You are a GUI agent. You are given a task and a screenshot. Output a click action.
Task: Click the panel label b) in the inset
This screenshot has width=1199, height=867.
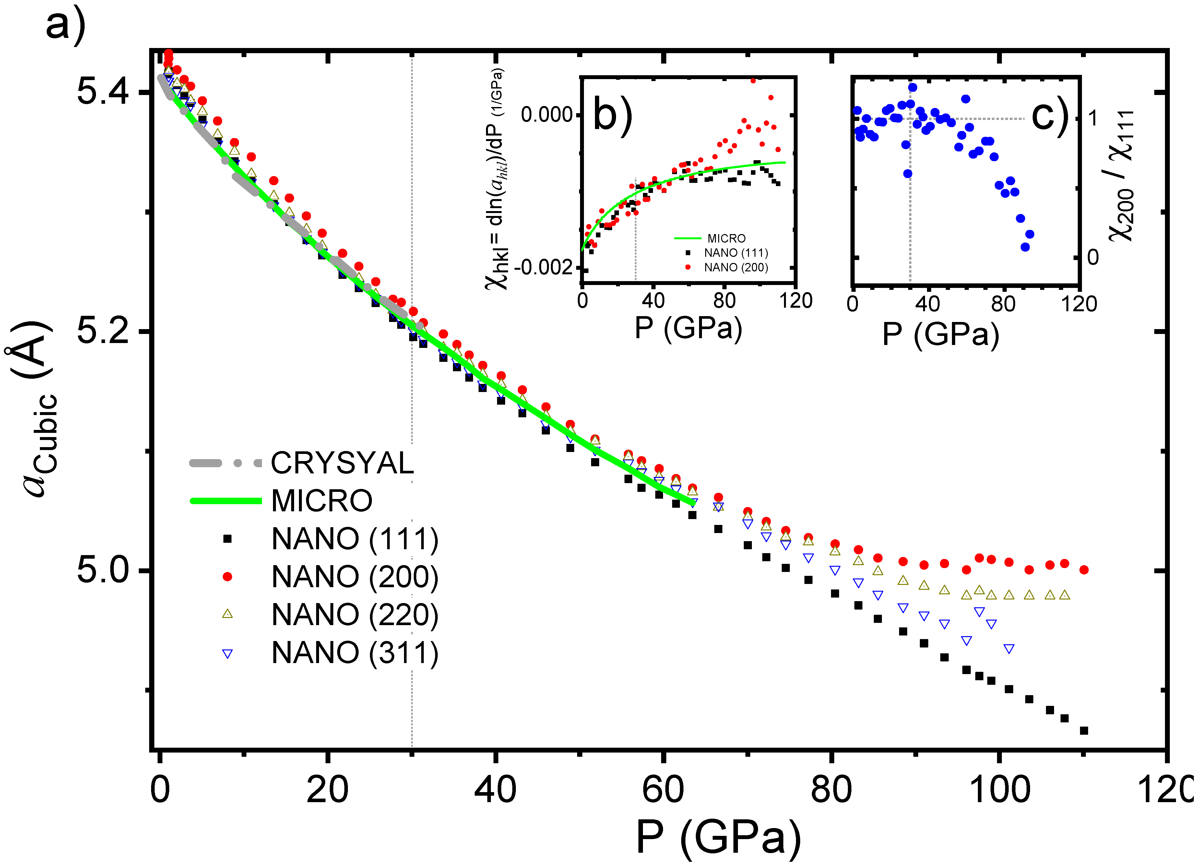612,114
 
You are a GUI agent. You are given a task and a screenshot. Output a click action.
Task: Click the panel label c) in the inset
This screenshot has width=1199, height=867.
1050,115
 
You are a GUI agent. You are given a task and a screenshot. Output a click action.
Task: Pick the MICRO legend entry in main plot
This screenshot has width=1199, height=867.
321,501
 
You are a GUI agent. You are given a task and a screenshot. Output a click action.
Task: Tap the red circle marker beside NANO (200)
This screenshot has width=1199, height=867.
227,576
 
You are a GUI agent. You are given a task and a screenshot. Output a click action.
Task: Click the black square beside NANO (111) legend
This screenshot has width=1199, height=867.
227,539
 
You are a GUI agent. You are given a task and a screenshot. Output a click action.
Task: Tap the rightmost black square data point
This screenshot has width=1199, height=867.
1084,730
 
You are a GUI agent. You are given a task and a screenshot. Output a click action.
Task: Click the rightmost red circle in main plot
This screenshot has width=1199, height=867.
1084,569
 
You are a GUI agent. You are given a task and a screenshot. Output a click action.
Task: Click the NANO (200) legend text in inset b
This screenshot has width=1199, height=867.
736,267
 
